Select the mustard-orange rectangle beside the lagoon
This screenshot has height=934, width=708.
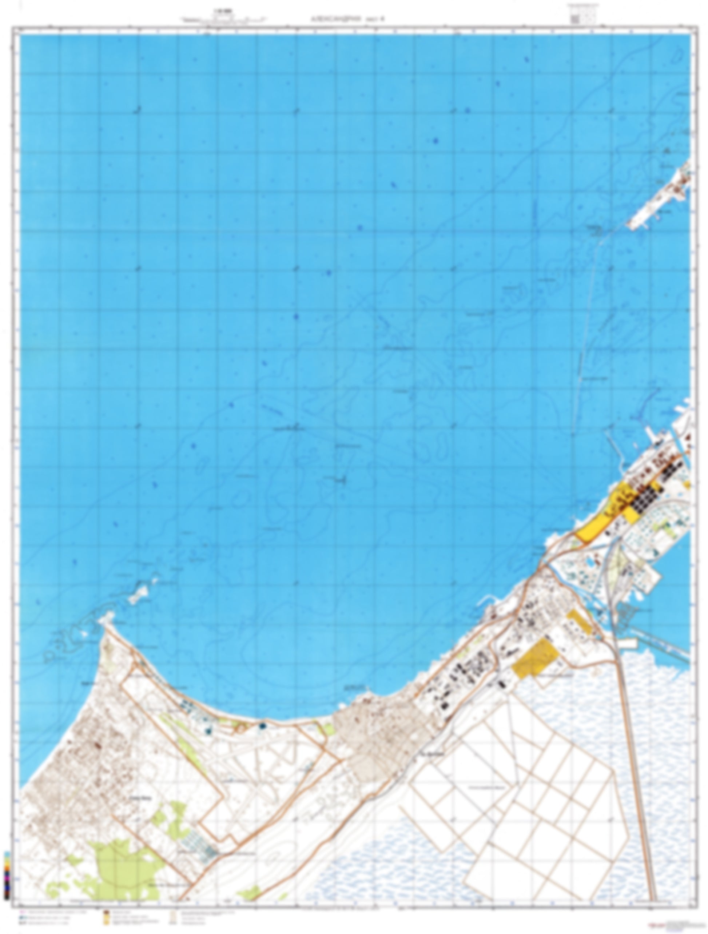pos(535,659)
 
